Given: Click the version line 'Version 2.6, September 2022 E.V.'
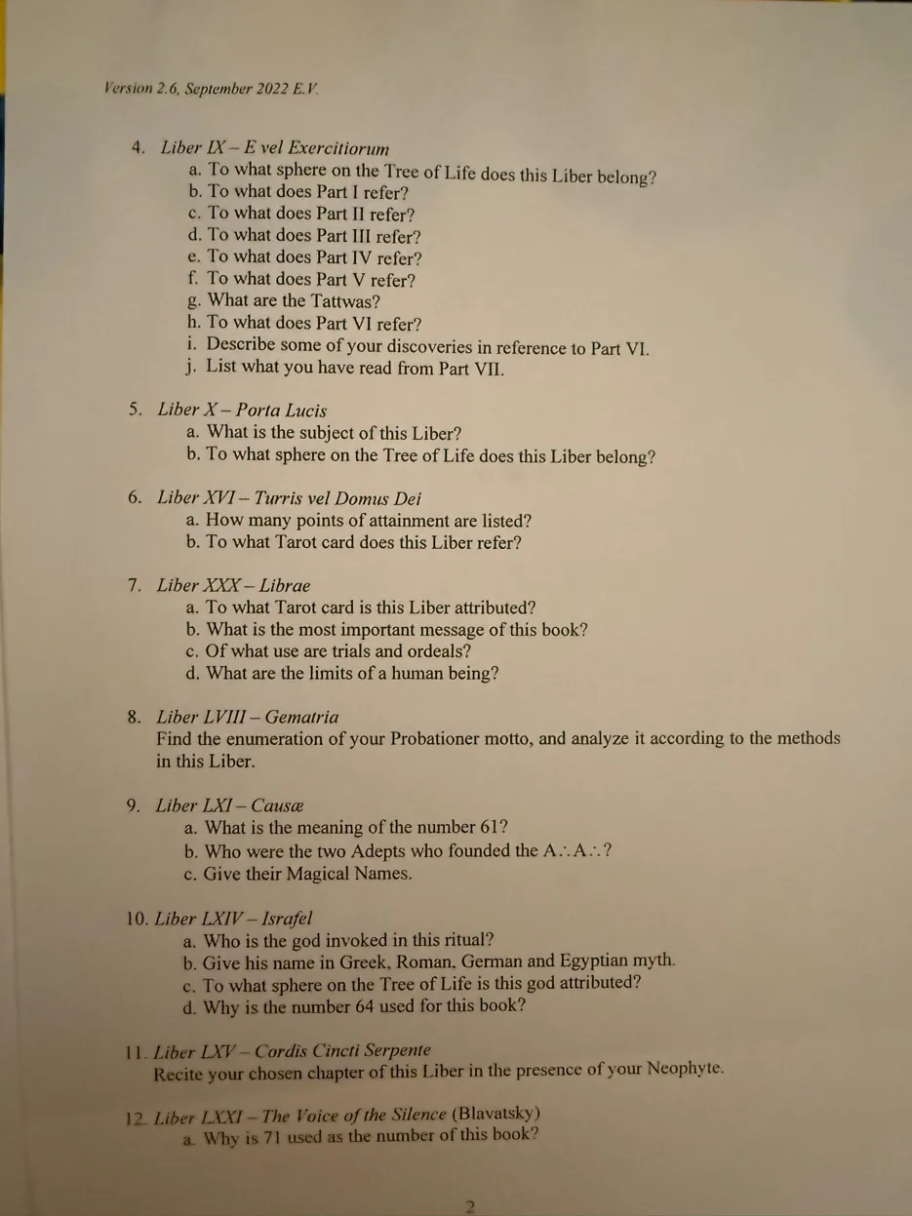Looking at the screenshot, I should (212, 88).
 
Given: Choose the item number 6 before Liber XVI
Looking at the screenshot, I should (135, 497).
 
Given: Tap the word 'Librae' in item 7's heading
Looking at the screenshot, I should (285, 585).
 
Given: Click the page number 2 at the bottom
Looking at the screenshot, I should (469, 1206).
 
